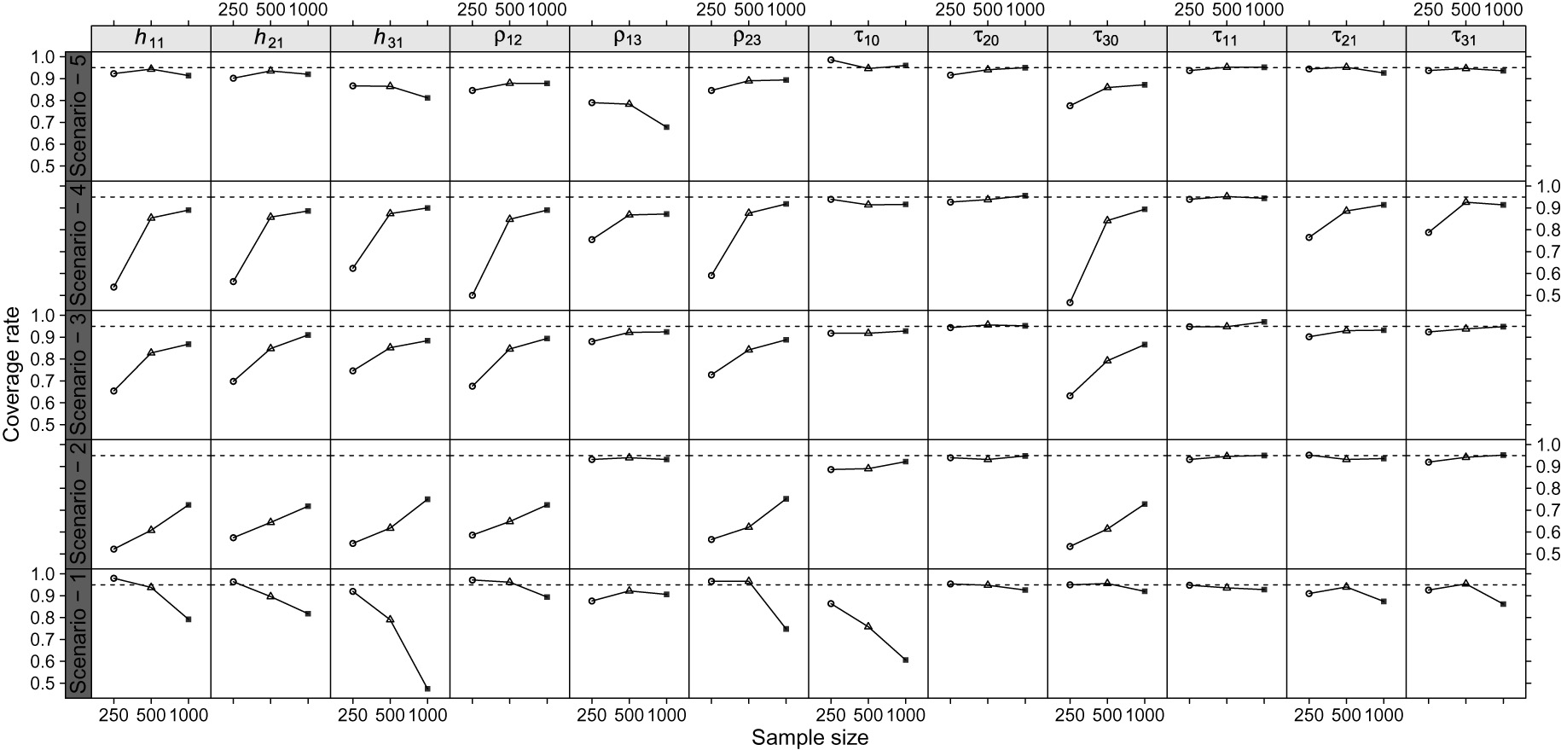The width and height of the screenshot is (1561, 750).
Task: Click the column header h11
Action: pyautogui.click(x=150, y=39)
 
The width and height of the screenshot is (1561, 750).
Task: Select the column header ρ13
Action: pyautogui.click(x=629, y=39)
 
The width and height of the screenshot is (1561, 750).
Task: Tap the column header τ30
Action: pyautogui.click(x=1106, y=39)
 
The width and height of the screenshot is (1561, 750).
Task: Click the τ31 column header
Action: pyautogui.click(x=1465, y=39)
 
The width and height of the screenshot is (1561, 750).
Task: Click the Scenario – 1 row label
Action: pyautogui.click(x=78, y=633)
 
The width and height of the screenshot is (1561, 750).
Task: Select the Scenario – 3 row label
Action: pyautogui.click(x=78, y=375)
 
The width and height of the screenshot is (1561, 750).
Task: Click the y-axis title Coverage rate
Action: pyautogui.click(x=12, y=375)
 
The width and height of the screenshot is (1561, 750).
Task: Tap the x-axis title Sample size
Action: pyautogui.click(x=809, y=738)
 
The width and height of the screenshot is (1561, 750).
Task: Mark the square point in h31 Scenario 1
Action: pyautogui.click(x=427, y=689)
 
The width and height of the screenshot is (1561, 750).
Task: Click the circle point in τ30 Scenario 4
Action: pyautogui.click(x=1070, y=303)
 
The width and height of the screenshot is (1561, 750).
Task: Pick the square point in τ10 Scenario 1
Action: pyautogui.click(x=906, y=660)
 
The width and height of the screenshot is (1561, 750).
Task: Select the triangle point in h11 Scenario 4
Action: pyautogui.click(x=151, y=218)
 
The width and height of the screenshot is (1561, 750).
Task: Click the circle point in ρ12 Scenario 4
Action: pyautogui.click(x=473, y=295)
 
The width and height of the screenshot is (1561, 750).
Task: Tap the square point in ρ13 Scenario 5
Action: pyautogui.click(x=666, y=127)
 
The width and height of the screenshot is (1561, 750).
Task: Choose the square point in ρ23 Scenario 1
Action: pyautogui.click(x=786, y=629)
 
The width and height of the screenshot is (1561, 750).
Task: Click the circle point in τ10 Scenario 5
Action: pyautogui.click(x=831, y=60)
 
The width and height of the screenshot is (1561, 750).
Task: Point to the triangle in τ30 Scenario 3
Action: pyautogui.click(x=1107, y=361)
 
